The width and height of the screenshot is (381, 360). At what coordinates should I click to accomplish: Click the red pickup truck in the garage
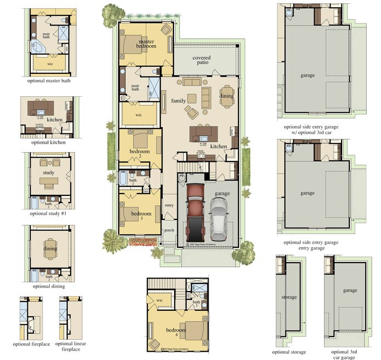(194, 211)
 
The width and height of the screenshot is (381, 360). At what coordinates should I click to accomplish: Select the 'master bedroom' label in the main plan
(147, 44)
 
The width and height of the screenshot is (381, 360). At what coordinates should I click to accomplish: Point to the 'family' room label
(178, 101)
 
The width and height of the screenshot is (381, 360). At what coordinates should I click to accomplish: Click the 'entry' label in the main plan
(169, 205)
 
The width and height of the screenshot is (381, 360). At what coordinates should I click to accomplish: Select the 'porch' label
(169, 230)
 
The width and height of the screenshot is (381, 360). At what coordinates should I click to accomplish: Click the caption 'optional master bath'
(49, 80)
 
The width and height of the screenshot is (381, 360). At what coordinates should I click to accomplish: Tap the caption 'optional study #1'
(49, 213)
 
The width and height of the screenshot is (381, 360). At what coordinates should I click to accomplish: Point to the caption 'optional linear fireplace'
(71, 346)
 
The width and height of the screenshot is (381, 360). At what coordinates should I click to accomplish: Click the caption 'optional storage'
(289, 352)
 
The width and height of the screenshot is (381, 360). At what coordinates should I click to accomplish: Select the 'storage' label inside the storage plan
(289, 297)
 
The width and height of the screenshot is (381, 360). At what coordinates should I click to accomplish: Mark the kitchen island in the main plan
(204, 133)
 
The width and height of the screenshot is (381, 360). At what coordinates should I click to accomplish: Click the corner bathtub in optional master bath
(38, 49)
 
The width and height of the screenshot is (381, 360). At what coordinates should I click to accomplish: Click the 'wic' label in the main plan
(138, 115)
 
